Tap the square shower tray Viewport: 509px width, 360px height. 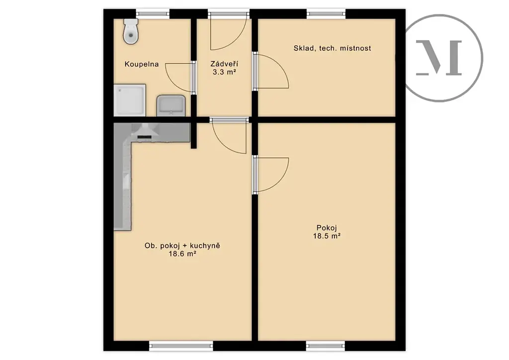pyautogui.click(x=130, y=100)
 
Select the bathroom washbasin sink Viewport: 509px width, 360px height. pyautogui.click(x=171, y=105)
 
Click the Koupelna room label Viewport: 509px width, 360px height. pyautogui.click(x=142, y=64)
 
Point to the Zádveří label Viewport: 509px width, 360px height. pyautogui.click(x=224, y=64)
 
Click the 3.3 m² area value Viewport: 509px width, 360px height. pyautogui.click(x=224, y=72)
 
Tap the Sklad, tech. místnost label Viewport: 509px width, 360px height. pyautogui.click(x=332, y=48)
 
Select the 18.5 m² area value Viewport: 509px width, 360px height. pyautogui.click(x=327, y=236)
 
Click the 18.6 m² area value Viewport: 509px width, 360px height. pyautogui.click(x=182, y=254)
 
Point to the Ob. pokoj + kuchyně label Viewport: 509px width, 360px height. pyautogui.click(x=182, y=246)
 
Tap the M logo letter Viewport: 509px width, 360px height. pyautogui.click(x=439, y=58)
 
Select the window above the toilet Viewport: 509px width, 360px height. pyautogui.click(x=153, y=13)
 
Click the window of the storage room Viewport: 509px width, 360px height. pyautogui.click(x=326, y=13)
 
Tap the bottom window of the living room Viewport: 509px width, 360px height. pyautogui.click(x=181, y=346)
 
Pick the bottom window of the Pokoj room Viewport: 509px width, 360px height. pyautogui.click(x=325, y=346)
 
